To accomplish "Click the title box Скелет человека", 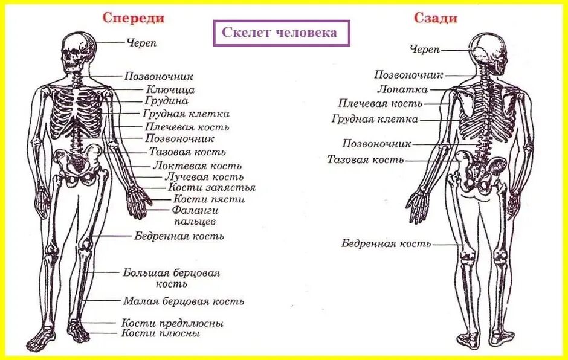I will tap(282, 33).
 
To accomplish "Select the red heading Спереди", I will tap(133, 18).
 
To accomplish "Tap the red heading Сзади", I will tap(435, 18).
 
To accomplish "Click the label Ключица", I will tap(170, 89).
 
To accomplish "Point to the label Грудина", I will tap(167, 101).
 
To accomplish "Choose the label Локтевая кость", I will tap(198, 165).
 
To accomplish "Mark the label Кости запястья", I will tap(211, 188).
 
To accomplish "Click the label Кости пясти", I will tap(209, 199).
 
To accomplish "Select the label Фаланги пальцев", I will tap(195, 216).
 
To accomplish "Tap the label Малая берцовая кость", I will tap(184, 301).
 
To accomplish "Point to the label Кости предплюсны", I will tap(172, 323).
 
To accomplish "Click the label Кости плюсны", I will tap(161, 333).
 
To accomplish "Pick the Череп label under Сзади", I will tap(425, 49).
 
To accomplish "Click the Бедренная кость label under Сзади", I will tap(387, 243).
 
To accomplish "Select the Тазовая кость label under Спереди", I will tap(187, 152).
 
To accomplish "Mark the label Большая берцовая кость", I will tap(172, 278).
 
